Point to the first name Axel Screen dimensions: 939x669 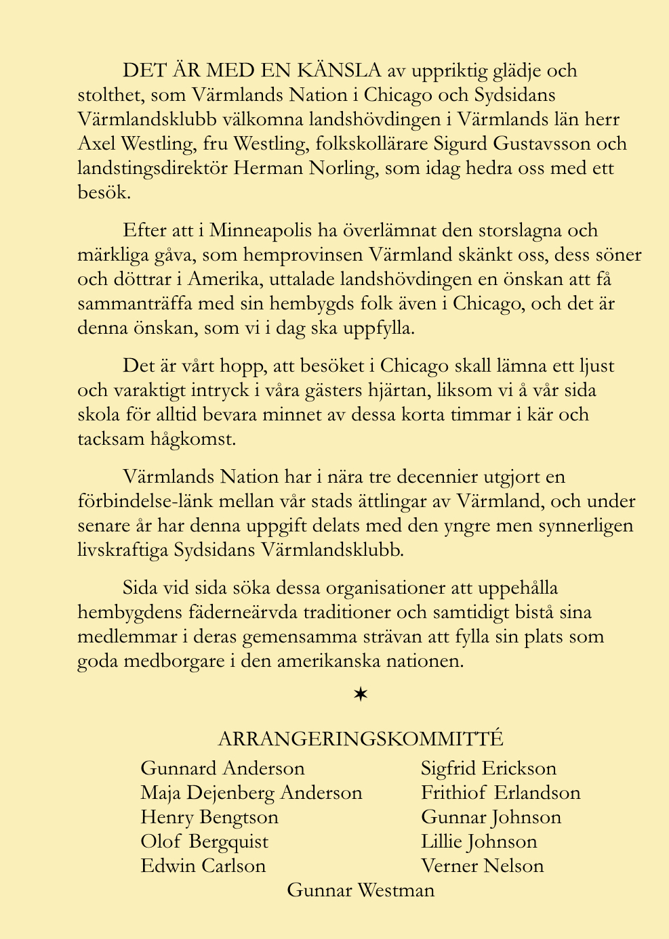pos(95,144)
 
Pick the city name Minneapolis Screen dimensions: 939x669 pos(260,230)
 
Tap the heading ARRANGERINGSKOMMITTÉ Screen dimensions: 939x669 pos(361,739)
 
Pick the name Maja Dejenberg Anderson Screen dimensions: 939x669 pos(251,793)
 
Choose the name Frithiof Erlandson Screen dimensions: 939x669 pos(500,793)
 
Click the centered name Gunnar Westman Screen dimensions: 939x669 pos(361,890)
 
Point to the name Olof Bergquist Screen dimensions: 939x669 pos(204,842)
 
